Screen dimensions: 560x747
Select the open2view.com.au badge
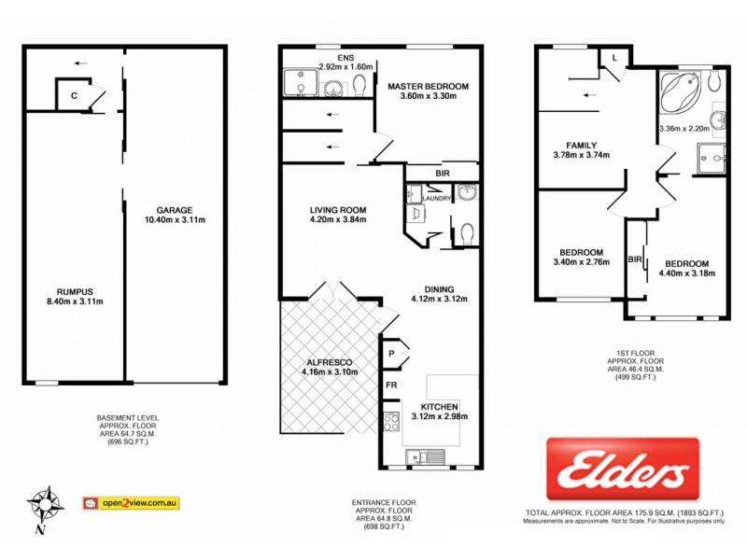[x=131, y=503]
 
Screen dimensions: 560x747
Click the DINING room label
[x=438, y=288]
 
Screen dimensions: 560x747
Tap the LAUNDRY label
[x=437, y=198]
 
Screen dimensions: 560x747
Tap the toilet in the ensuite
[x=359, y=86]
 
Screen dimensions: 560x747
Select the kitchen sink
[x=430, y=457]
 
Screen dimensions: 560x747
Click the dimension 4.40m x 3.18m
[x=683, y=273]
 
